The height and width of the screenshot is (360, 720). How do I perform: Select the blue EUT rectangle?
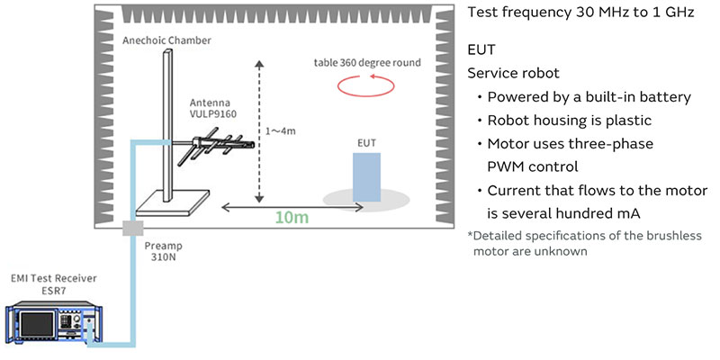click(367, 176)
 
